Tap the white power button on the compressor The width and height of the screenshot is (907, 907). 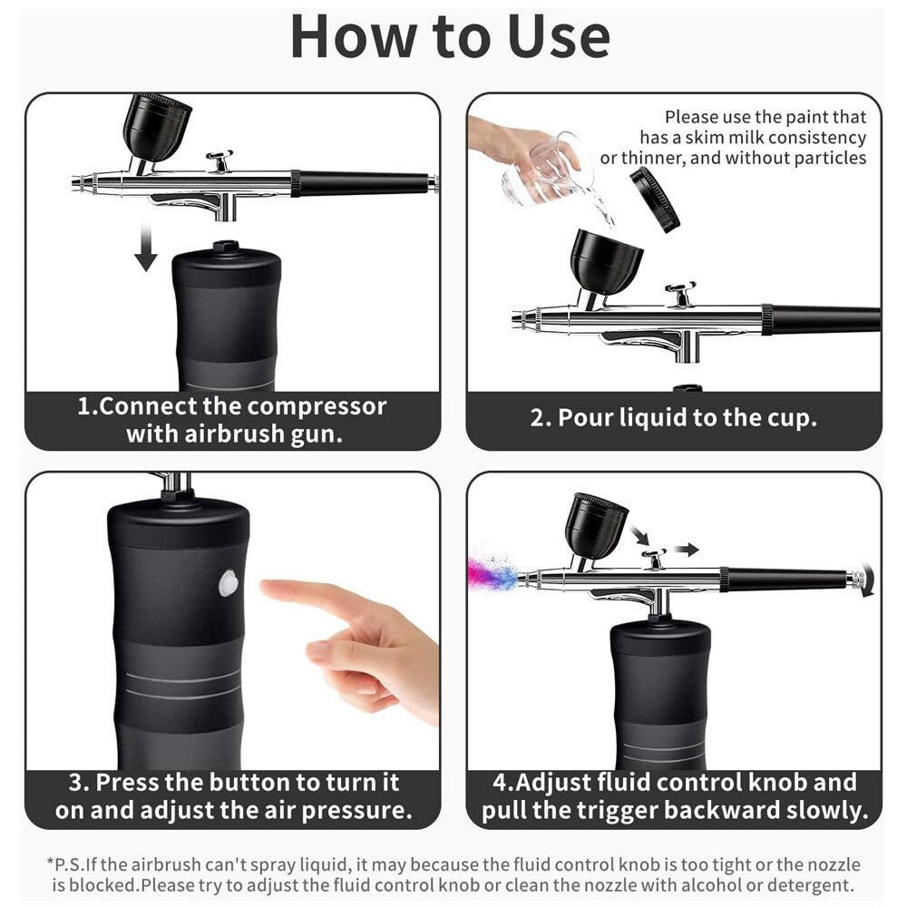click(x=229, y=583)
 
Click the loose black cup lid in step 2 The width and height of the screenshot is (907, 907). click(x=655, y=199)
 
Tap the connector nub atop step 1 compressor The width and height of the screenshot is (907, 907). click(x=225, y=246)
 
